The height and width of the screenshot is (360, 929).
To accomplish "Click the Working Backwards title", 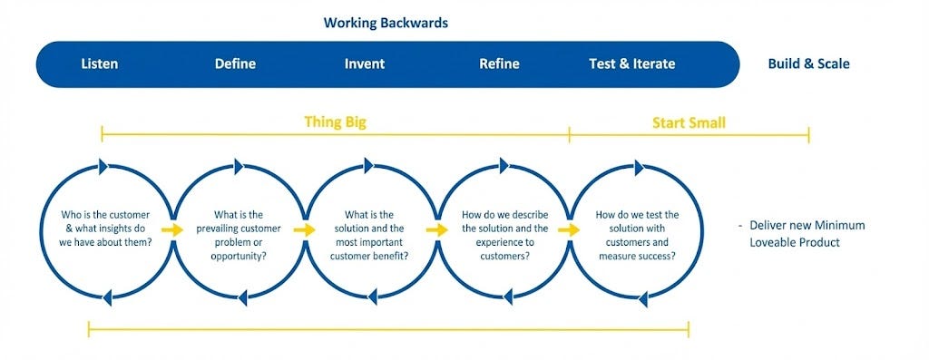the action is pyautogui.click(x=386, y=23).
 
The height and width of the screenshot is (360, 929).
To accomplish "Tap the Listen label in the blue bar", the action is pyautogui.click(x=100, y=64).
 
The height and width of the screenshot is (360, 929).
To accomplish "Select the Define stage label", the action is pyautogui.click(x=235, y=64).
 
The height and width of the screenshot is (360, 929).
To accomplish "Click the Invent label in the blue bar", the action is pyautogui.click(x=365, y=64).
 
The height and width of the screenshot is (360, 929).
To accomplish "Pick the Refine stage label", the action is pyautogui.click(x=500, y=64).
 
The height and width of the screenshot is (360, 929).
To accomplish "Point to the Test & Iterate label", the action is pyautogui.click(x=632, y=64).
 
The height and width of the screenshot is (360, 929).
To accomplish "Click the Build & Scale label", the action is pyautogui.click(x=808, y=64).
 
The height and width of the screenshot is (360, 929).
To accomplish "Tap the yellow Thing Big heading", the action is pyautogui.click(x=336, y=122).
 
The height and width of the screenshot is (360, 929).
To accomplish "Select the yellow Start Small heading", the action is pyautogui.click(x=689, y=123).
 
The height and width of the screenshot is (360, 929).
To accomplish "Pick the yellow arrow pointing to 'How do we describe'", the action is pyautogui.click(x=436, y=229).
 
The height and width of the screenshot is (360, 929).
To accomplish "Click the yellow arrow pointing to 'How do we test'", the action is pyautogui.click(x=569, y=229).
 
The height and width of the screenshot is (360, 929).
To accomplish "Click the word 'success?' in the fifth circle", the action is pyautogui.click(x=659, y=256).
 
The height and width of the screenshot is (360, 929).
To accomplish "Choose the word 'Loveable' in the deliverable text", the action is pyautogui.click(x=775, y=242).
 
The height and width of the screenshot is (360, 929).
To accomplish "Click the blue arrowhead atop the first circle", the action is pyautogui.click(x=103, y=167).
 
